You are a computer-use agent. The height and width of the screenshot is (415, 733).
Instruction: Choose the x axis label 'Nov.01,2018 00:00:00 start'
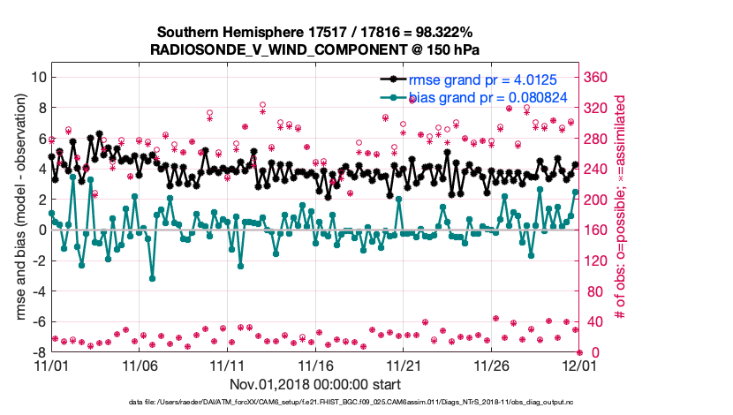click(x=315, y=384)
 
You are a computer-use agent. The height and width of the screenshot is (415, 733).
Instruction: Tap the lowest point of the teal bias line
click(x=152, y=278)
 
